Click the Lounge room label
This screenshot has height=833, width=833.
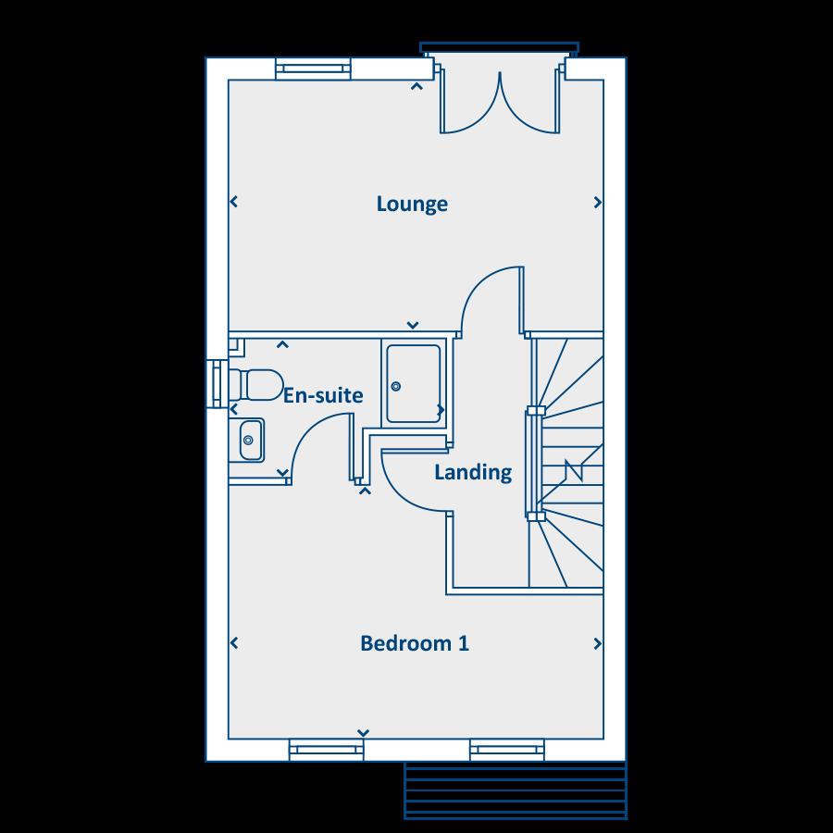(412, 204)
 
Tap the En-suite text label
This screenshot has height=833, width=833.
(323, 395)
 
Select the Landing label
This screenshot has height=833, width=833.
(473, 472)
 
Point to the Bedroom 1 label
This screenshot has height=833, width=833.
(415, 643)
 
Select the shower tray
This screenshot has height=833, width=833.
(414, 383)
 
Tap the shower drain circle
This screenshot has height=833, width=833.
(395, 386)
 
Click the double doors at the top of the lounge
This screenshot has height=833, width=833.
(500, 102)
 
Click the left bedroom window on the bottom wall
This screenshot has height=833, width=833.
(325, 750)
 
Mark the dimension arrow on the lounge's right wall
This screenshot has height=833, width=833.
(597, 203)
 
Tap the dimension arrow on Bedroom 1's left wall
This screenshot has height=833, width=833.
(234, 643)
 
